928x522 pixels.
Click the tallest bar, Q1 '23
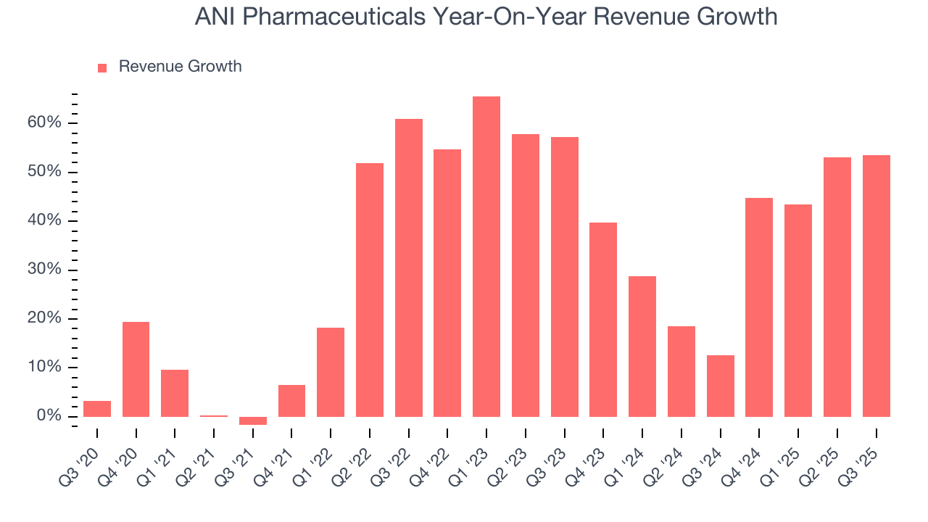click(x=486, y=257)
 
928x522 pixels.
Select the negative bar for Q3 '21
click(x=252, y=420)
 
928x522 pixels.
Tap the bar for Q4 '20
click(x=136, y=369)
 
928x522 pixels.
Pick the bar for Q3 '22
click(x=408, y=268)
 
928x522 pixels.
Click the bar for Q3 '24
click(x=720, y=386)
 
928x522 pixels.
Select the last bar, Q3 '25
click(x=876, y=286)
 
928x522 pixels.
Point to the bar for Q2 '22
click(x=369, y=290)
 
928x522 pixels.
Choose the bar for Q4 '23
click(x=603, y=319)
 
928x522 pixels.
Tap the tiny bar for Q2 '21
click(x=214, y=416)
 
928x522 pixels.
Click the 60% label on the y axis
click(x=45, y=123)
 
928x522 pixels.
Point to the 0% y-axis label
click(x=49, y=416)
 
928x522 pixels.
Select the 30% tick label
click(x=45, y=270)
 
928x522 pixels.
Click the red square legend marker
click(x=102, y=67)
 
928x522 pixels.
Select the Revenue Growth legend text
click(x=180, y=67)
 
